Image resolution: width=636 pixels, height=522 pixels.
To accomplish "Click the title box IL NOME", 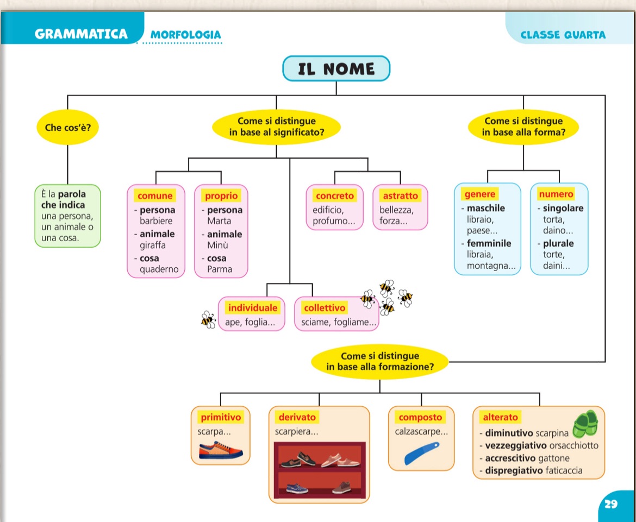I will [x=336, y=69].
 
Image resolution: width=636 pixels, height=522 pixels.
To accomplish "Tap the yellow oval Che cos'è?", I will [x=67, y=128].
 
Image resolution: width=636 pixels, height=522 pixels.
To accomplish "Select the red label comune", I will [x=155, y=196].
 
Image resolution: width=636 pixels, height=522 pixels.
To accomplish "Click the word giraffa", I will [x=153, y=245].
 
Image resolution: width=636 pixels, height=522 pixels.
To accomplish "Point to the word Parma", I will [x=220, y=269].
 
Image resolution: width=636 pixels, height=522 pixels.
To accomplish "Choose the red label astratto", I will [x=401, y=196].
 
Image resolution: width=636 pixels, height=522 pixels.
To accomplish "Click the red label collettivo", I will [x=325, y=308].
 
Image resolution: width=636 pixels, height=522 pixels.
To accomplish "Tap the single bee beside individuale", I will [x=208, y=319].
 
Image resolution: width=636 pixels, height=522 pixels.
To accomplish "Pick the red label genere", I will [x=480, y=194].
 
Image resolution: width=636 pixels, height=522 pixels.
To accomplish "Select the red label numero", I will [x=556, y=194].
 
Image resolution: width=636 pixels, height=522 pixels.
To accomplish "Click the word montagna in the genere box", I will [x=489, y=266].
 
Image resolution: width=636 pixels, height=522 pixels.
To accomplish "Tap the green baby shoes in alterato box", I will [x=584, y=424].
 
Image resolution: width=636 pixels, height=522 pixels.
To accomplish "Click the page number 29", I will [x=611, y=504].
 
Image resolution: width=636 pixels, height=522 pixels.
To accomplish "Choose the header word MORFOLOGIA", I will [x=186, y=35].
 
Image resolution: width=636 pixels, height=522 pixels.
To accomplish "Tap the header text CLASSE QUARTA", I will [x=563, y=35].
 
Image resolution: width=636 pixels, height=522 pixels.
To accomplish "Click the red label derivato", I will [x=297, y=417].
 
